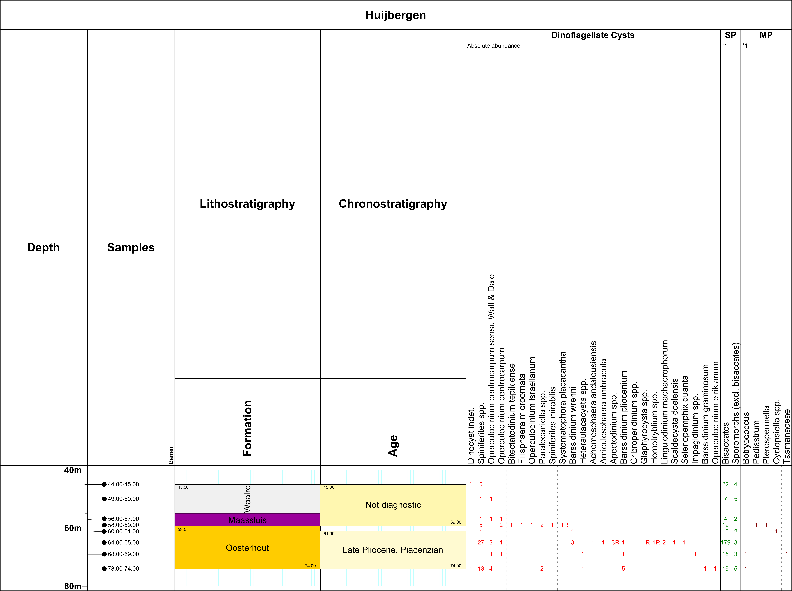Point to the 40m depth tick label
pos(73,470)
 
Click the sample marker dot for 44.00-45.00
pos(104,484)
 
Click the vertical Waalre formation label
pos(247,499)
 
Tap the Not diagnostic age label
pos(393,505)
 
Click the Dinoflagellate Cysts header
pos(593,35)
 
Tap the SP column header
pos(730,35)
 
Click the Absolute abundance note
pos(494,46)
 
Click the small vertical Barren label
pos(171,455)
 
